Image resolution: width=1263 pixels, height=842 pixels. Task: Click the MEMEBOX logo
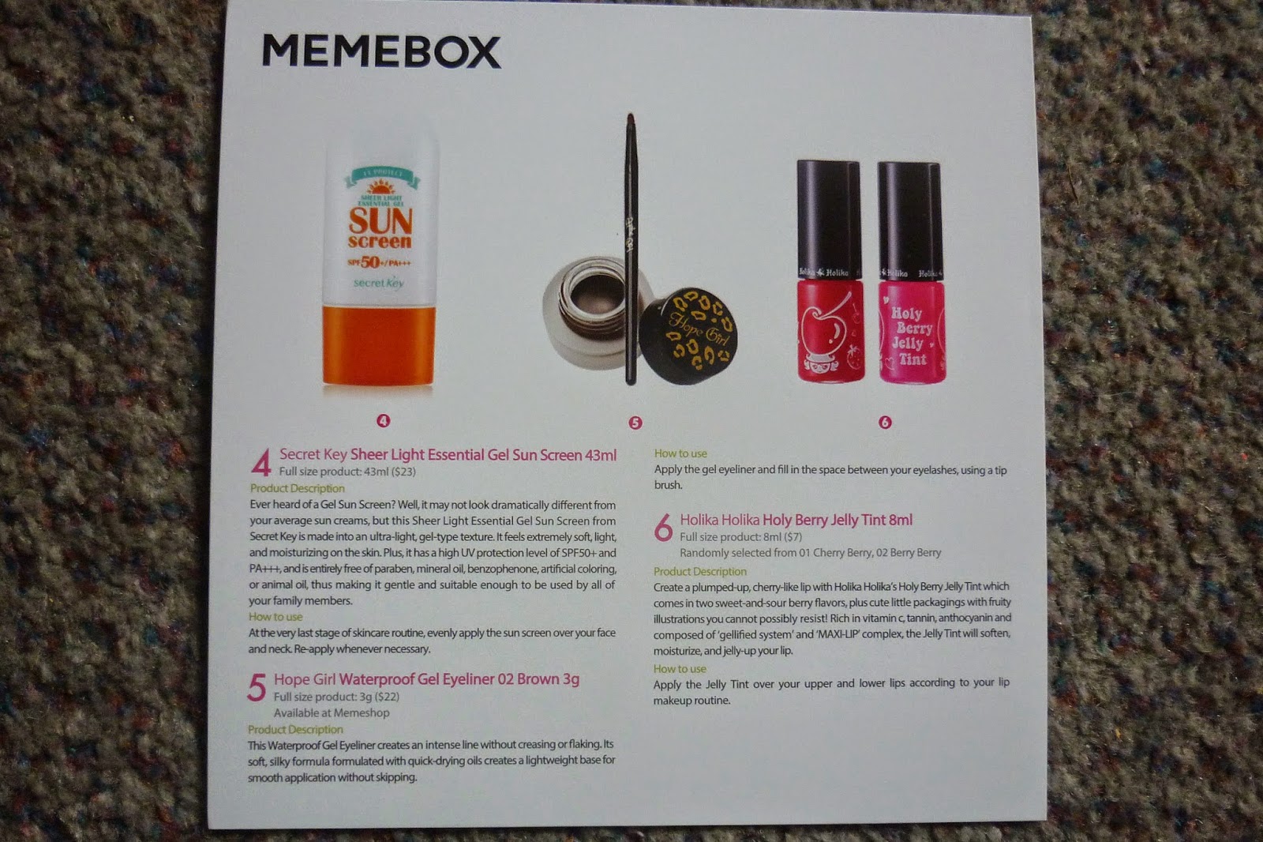[x=381, y=51]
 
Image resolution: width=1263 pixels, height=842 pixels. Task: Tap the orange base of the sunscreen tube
[x=378, y=345]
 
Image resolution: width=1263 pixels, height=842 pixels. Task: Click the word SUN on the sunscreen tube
[x=380, y=220]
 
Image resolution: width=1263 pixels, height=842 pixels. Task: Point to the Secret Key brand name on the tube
[x=379, y=283]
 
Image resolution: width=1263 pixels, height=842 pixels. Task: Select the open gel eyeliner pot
[x=592, y=311]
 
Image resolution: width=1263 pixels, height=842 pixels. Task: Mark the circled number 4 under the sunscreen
[x=384, y=420]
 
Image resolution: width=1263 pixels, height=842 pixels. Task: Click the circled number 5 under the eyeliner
[x=635, y=423]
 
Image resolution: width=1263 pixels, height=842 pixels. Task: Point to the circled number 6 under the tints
[x=885, y=422]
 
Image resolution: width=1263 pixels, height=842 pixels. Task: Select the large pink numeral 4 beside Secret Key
[x=261, y=463]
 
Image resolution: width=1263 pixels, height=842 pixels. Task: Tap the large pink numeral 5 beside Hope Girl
[x=257, y=687]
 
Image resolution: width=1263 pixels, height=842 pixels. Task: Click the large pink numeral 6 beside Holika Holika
[x=664, y=528]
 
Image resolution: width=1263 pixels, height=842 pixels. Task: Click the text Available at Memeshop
[x=332, y=712]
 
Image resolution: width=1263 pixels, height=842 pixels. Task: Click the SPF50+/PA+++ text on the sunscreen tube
[x=379, y=262]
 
